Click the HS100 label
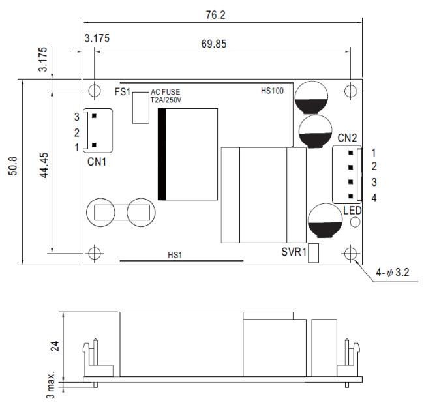pyautogui.click(x=272, y=91)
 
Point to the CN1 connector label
pyautogui.click(x=97, y=161)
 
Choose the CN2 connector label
pyautogui.click(x=347, y=138)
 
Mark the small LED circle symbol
pyautogui.click(x=356, y=222)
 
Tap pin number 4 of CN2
pyautogui.click(x=374, y=198)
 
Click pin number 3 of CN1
pyautogui.click(x=77, y=117)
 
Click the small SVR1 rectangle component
pyautogui.click(x=313, y=253)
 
